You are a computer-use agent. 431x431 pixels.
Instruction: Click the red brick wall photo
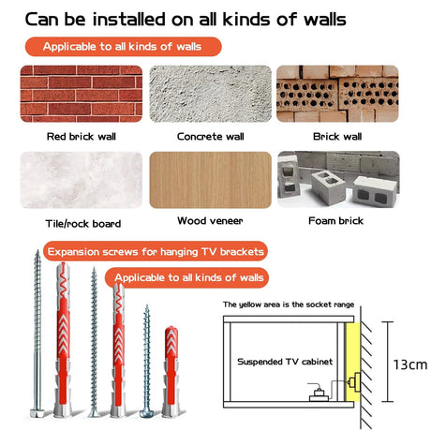(82, 94)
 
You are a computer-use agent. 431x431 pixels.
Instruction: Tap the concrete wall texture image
(211, 94)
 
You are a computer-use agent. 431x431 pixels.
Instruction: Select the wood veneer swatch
(211, 180)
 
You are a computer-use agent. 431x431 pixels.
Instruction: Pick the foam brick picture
(338, 180)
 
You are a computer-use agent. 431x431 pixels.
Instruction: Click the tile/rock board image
(82, 180)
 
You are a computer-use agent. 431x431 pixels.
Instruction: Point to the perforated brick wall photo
(337, 94)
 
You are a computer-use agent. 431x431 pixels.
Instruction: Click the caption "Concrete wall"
(211, 137)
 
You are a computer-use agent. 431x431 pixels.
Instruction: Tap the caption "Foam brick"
(335, 221)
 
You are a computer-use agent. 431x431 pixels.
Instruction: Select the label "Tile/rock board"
(83, 224)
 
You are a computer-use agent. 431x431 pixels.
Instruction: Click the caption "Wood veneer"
(210, 221)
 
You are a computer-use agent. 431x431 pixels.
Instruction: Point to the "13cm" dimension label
(410, 364)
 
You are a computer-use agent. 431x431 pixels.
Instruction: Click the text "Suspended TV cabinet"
(285, 362)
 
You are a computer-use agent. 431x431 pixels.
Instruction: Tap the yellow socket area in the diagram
(353, 363)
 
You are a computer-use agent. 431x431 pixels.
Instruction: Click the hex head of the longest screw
(37, 413)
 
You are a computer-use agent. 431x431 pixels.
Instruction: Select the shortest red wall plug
(171, 371)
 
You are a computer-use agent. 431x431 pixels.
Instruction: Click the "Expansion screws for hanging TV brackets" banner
(156, 251)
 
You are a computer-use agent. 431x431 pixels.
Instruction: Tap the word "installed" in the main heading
(129, 20)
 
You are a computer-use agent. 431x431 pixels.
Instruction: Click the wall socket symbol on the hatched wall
(354, 382)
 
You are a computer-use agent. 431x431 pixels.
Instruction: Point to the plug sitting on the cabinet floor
(319, 394)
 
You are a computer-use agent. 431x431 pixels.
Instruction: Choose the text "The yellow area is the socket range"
(289, 305)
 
